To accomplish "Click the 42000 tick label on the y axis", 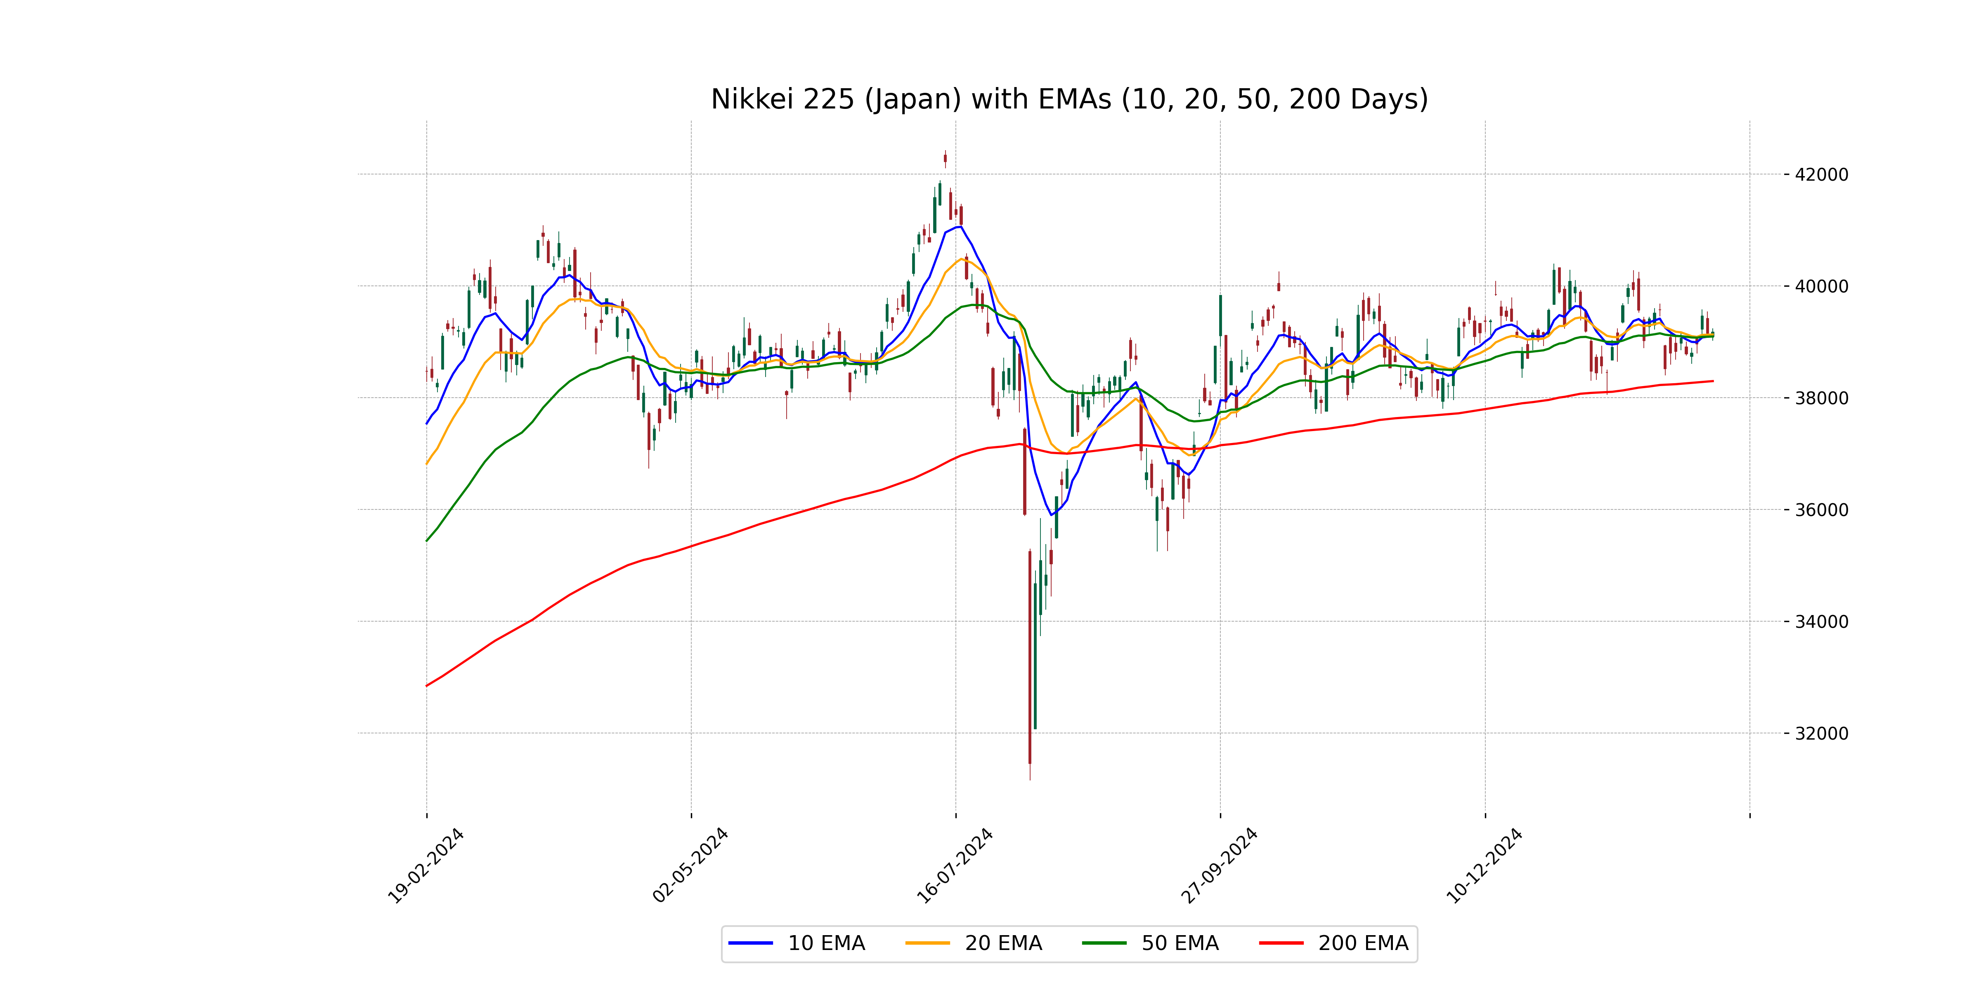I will click(1821, 174).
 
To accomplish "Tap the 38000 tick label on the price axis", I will click(1821, 398).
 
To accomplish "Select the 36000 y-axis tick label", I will click(1821, 509).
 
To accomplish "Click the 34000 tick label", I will click(1821, 622).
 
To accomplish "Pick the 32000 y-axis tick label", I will click(1821, 733).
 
